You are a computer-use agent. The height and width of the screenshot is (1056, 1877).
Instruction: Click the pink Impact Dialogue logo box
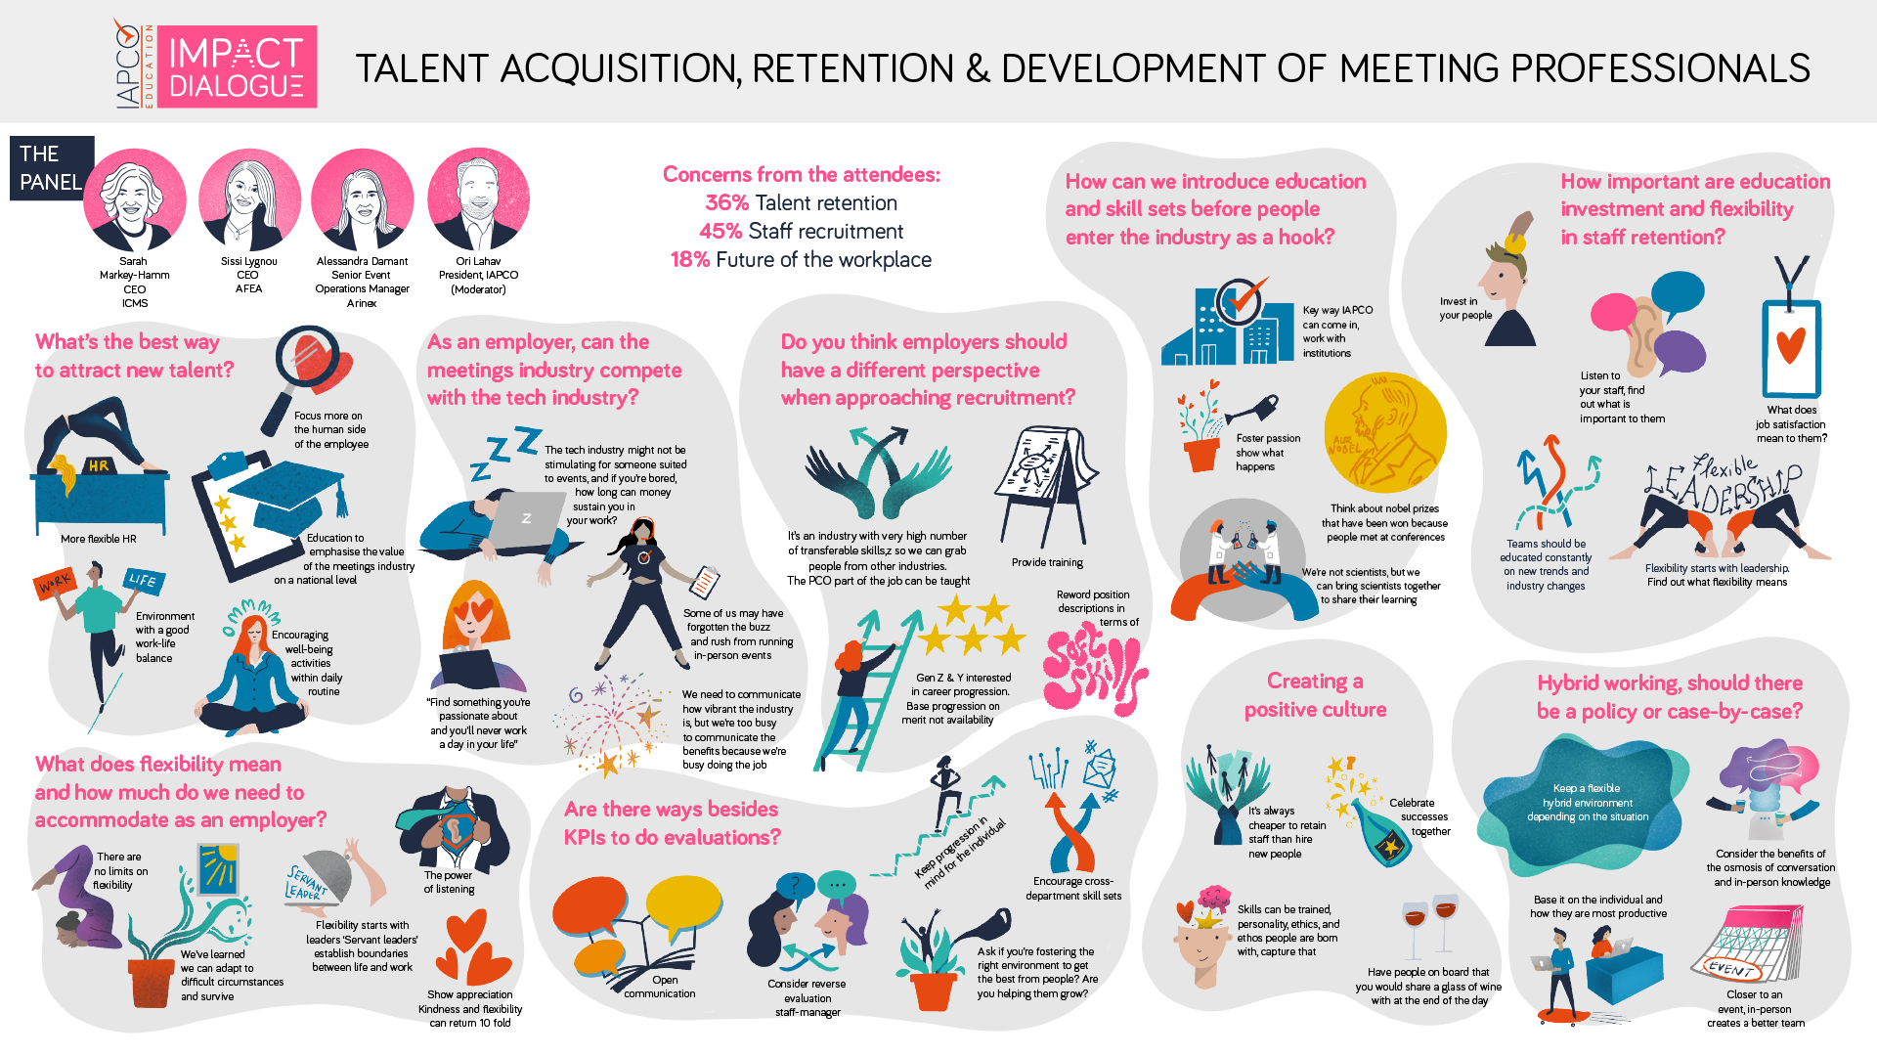pyautogui.click(x=237, y=66)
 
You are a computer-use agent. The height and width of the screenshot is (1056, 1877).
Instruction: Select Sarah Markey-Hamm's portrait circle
pyautogui.click(x=134, y=199)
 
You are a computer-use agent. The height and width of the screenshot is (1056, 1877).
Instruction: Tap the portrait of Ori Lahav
pyautogui.click(x=478, y=199)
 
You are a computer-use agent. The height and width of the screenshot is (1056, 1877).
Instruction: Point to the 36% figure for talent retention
pyautogui.click(x=726, y=203)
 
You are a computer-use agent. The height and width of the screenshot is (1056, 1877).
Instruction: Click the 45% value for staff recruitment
pyautogui.click(x=720, y=232)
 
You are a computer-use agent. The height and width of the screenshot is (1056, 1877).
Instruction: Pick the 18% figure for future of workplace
pyautogui.click(x=690, y=260)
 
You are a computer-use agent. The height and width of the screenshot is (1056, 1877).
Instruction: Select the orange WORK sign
pyautogui.click(x=55, y=583)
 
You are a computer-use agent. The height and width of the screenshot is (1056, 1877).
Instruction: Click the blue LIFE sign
pyautogui.click(x=143, y=580)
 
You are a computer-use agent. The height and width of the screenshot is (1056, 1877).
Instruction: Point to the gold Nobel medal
pyautogui.click(x=1384, y=433)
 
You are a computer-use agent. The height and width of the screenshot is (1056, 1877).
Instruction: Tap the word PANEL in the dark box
pyautogui.click(x=51, y=182)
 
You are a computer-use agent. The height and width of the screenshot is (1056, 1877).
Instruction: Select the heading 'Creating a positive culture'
pyautogui.click(x=1315, y=695)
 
